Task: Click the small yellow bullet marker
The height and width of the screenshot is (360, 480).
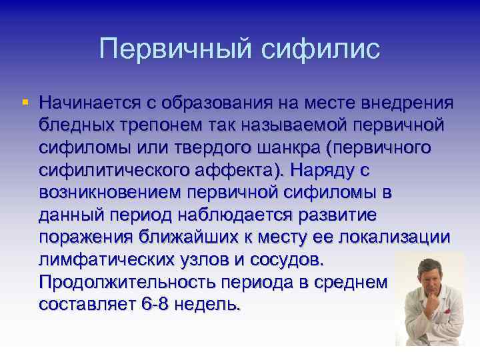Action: (x=25, y=103)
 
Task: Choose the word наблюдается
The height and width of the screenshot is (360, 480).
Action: (x=237, y=216)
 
